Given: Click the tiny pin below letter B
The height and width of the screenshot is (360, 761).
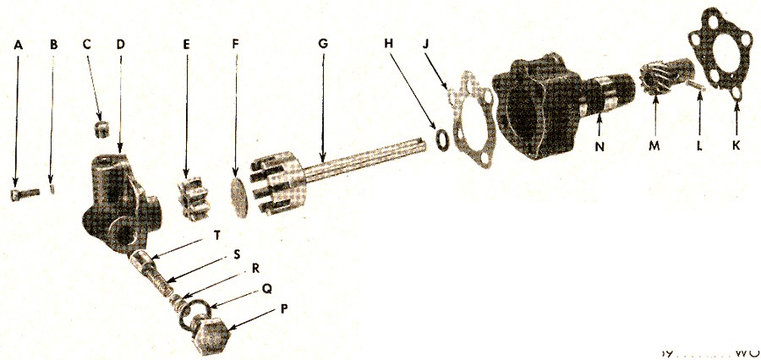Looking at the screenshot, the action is pyautogui.click(x=52, y=189).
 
